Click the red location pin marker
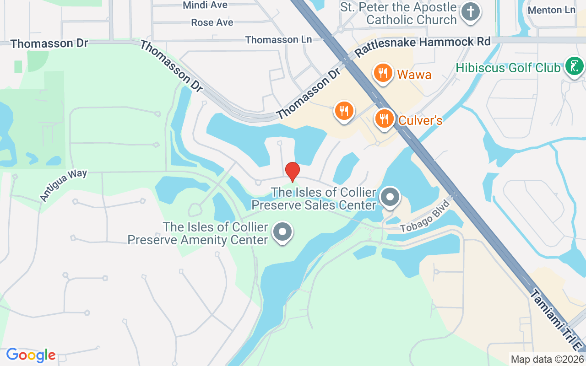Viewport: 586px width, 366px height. coord(293,171)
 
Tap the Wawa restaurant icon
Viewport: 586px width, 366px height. coord(383,73)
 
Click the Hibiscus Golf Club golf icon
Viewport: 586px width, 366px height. coord(574,67)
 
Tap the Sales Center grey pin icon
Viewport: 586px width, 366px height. coord(390,198)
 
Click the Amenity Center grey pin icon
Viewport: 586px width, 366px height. coord(282,232)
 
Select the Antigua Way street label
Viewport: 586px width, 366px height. coord(63,185)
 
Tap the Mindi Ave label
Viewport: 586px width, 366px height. coord(205,5)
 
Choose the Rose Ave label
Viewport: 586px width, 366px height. coord(212,22)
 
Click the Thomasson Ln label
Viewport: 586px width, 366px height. coord(278,40)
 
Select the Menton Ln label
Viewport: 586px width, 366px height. coord(551,10)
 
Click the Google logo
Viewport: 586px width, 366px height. coord(31,355)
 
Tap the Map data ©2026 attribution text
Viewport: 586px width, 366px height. coord(548,359)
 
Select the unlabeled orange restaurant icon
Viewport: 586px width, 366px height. coord(344,111)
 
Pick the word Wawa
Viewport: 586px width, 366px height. coord(414,75)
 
